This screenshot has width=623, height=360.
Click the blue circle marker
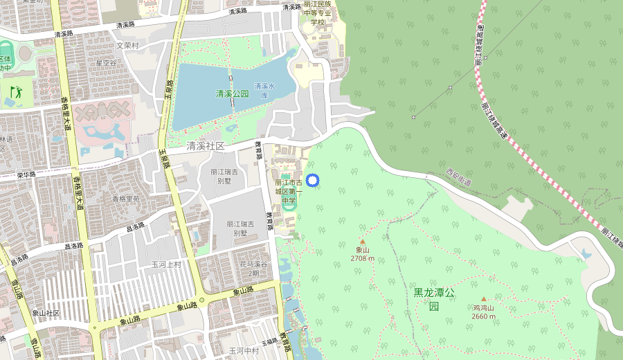(312, 181)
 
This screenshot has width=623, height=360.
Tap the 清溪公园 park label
(232, 93)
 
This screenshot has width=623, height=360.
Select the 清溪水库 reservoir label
(264, 91)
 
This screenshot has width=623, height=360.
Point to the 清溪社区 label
(206, 146)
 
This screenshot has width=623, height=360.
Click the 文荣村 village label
(127, 46)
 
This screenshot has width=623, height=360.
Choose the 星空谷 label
(106, 62)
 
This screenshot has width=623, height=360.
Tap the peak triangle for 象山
(362, 242)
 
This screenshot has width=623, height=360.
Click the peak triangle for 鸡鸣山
(484, 299)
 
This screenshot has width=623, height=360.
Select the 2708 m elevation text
(362, 258)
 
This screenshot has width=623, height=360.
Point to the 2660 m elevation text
(484, 316)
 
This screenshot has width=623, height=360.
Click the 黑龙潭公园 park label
(434, 298)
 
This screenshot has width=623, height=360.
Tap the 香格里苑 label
(126, 199)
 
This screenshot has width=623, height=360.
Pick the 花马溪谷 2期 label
(253, 269)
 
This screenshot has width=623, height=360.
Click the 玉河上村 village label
(166, 264)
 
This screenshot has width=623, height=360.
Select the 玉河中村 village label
(244, 350)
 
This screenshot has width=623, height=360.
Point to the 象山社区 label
(47, 314)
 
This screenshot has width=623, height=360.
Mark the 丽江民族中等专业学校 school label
(318, 13)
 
